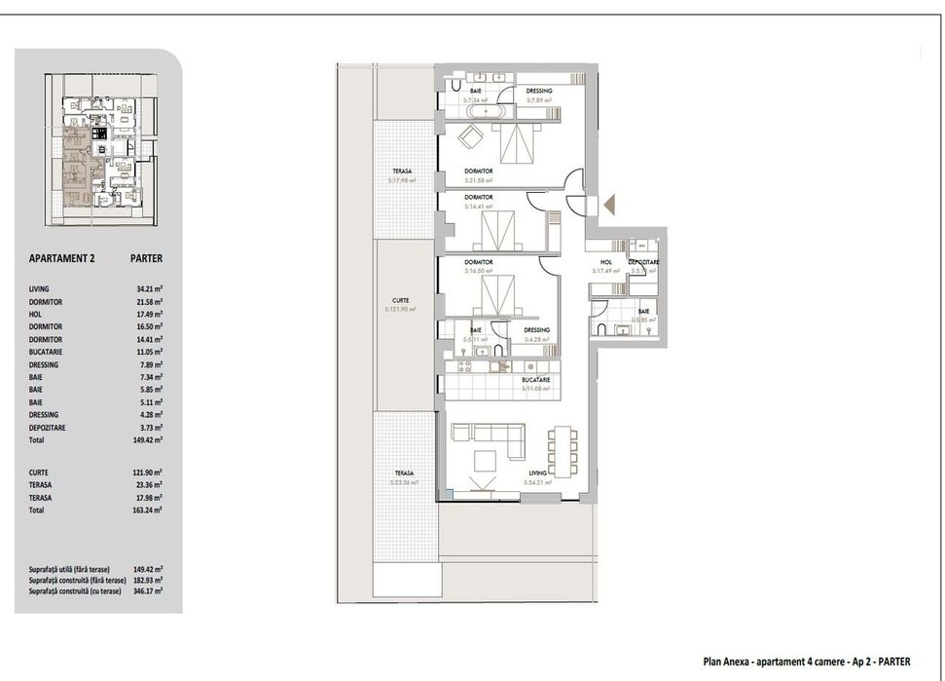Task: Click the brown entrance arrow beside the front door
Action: click(610, 205)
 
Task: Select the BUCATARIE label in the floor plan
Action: click(535, 379)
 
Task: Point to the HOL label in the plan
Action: click(604, 262)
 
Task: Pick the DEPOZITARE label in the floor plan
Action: click(644, 262)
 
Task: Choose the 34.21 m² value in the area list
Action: click(149, 289)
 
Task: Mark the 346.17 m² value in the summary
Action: click(149, 591)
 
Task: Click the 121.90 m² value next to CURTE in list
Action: click(149, 472)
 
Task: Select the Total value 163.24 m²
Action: click(149, 510)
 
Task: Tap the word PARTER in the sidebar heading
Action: click(146, 259)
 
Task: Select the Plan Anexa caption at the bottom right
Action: click(807, 662)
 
